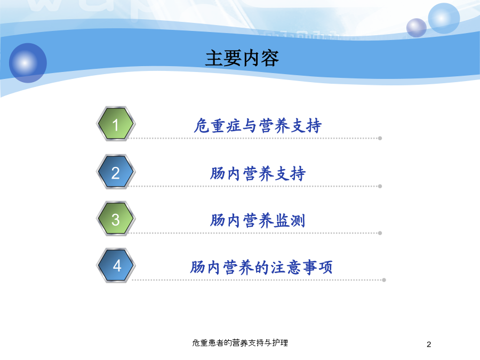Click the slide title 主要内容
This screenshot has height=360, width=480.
[242, 58]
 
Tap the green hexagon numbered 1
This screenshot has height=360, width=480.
[116, 124]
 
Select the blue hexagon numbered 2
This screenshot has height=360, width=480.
[116, 172]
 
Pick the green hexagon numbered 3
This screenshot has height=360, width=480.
[116, 219]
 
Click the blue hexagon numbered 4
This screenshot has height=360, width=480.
[116, 266]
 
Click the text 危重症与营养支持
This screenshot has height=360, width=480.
[258, 125]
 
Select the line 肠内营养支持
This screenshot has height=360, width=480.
[258, 173]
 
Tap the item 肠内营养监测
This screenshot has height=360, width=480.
[258, 220]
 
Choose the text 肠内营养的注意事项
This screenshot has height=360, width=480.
[261, 267]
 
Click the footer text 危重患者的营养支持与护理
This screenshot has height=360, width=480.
[240, 343]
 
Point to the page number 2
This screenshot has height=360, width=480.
[429, 345]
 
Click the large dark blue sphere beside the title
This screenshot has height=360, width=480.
[28, 63]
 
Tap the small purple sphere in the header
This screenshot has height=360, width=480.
[417, 28]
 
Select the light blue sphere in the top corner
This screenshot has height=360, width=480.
[444, 18]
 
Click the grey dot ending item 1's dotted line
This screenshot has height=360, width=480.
[380, 138]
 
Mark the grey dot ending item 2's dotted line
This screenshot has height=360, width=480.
[380, 187]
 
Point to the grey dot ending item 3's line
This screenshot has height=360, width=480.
[380, 233]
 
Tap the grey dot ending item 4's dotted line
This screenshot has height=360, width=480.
[384, 280]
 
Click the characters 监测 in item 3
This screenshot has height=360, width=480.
[290, 220]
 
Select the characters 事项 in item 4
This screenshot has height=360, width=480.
[317, 267]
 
